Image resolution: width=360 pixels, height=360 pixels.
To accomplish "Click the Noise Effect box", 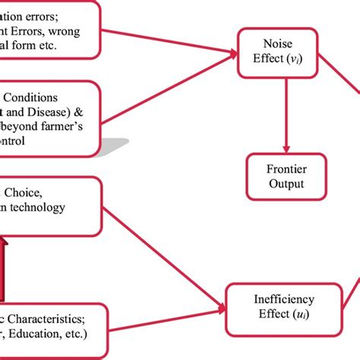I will coord(278,52).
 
